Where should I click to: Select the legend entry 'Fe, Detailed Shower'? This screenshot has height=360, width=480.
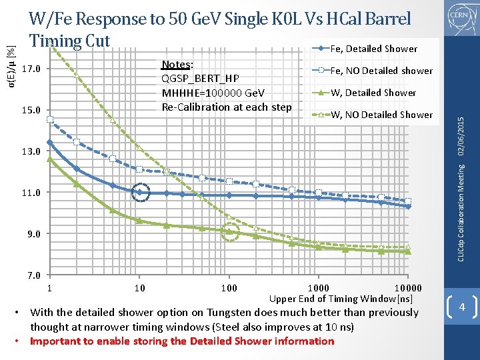pyautogui.click(x=373, y=49)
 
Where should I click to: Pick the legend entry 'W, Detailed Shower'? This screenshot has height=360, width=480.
pyautogui.click(x=373, y=93)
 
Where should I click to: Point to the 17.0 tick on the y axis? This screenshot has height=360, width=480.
pyautogui.click(x=31, y=69)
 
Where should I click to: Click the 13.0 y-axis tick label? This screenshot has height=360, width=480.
pyautogui.click(x=31, y=151)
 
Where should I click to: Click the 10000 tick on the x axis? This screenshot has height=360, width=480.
pyautogui.click(x=408, y=288)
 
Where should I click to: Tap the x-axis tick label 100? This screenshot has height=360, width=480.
pyautogui.click(x=229, y=288)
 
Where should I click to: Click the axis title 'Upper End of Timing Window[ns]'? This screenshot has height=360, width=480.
pyautogui.click(x=341, y=299)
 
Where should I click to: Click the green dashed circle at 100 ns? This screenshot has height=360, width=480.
pyautogui.click(x=229, y=232)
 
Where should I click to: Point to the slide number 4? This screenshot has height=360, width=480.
pyautogui.click(x=461, y=308)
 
